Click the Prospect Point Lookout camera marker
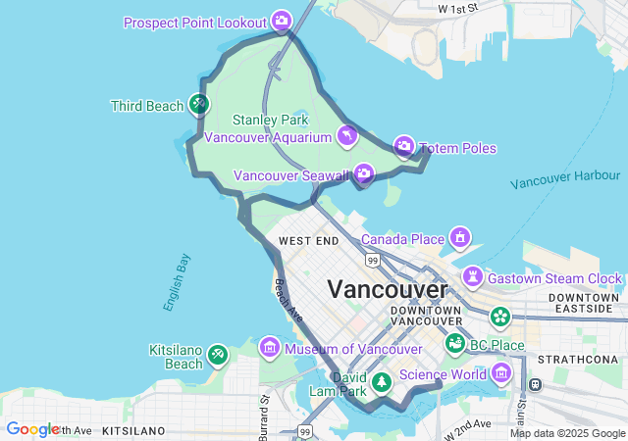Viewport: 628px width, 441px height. coord(282,21)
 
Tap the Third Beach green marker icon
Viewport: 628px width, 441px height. coord(199,103)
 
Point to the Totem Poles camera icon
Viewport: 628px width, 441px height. coord(404,147)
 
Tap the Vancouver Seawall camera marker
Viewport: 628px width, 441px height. coord(364,174)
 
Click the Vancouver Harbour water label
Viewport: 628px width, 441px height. coord(565,180)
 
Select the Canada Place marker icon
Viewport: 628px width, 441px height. coord(459,238)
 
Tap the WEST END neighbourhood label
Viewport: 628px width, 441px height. coord(308,241)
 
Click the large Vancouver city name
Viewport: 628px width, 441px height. coord(387,289)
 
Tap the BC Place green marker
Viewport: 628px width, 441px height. coord(454,344)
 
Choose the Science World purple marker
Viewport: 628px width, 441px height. coord(502,372)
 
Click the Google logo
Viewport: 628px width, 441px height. coord(33,429)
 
